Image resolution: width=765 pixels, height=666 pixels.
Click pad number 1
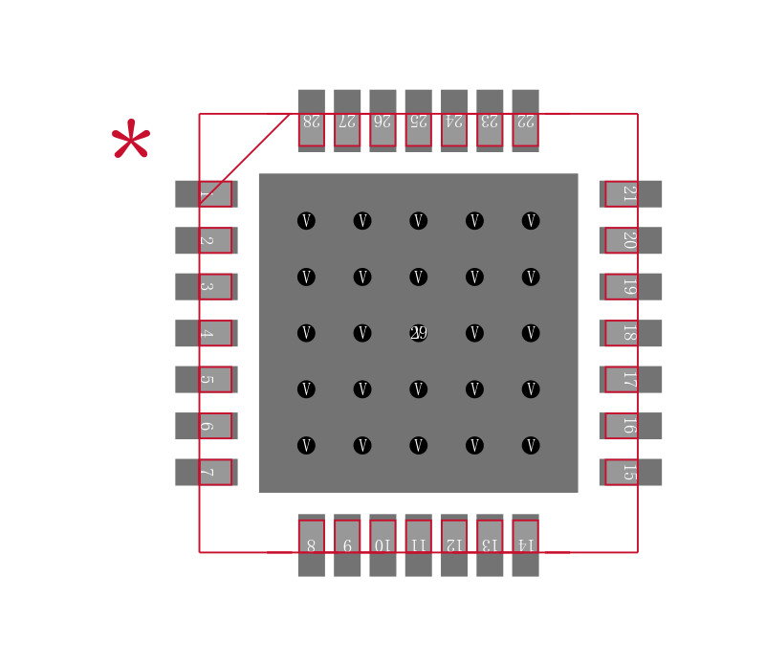[206, 194]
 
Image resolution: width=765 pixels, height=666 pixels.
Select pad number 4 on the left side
[206, 333]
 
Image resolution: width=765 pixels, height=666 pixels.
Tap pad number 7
[206, 472]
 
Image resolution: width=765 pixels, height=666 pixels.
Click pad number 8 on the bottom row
[311, 544]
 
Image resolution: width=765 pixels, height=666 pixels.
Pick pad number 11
[418, 544]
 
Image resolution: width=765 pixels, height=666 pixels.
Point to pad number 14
[525, 544]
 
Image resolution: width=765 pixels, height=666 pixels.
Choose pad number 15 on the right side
[630, 472]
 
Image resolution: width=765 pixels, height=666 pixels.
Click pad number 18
[630, 333]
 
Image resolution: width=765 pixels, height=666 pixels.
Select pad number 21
[630, 194]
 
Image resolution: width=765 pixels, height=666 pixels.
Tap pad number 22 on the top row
[525, 121]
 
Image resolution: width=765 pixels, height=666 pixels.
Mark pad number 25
[418, 121]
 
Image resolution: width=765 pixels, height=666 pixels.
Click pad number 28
[311, 121]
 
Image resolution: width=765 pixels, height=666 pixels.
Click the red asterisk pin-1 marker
[131, 142]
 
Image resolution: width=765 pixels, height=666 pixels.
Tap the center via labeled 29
[418, 333]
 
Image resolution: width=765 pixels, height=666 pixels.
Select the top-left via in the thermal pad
[306, 221]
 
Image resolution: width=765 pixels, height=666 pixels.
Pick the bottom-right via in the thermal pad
[531, 446]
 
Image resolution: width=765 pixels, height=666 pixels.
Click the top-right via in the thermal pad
[531, 221]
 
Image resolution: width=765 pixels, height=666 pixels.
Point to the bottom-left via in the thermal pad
[306, 446]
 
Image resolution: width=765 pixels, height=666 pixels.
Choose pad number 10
[382, 544]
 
